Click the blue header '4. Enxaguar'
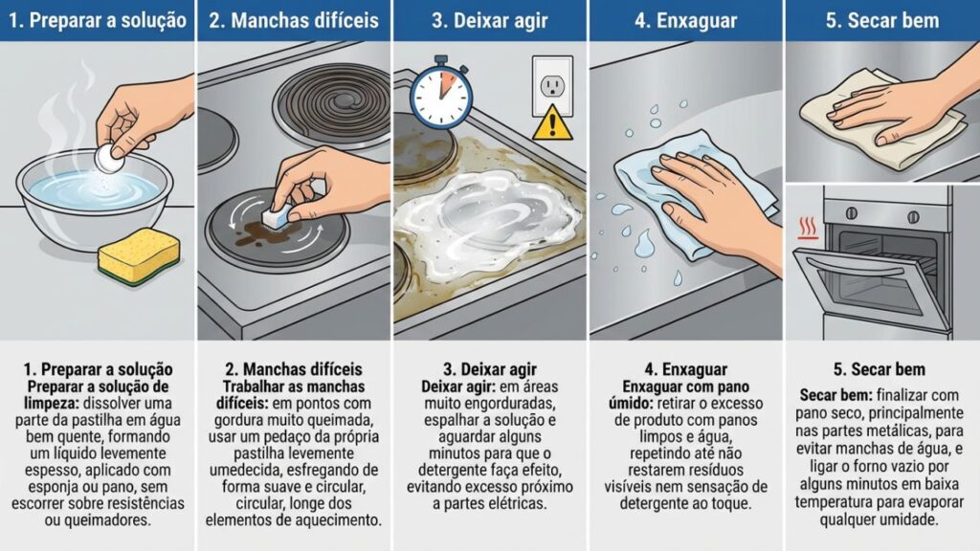pyautogui.click(x=686, y=20)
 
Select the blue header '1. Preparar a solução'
pyautogui.click(x=97, y=20)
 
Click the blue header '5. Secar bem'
pyautogui.click(x=881, y=20)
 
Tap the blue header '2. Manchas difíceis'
pyautogui.click(x=294, y=20)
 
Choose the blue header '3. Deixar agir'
pyautogui.click(x=490, y=20)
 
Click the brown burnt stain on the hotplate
pyautogui.click(x=256, y=230)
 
